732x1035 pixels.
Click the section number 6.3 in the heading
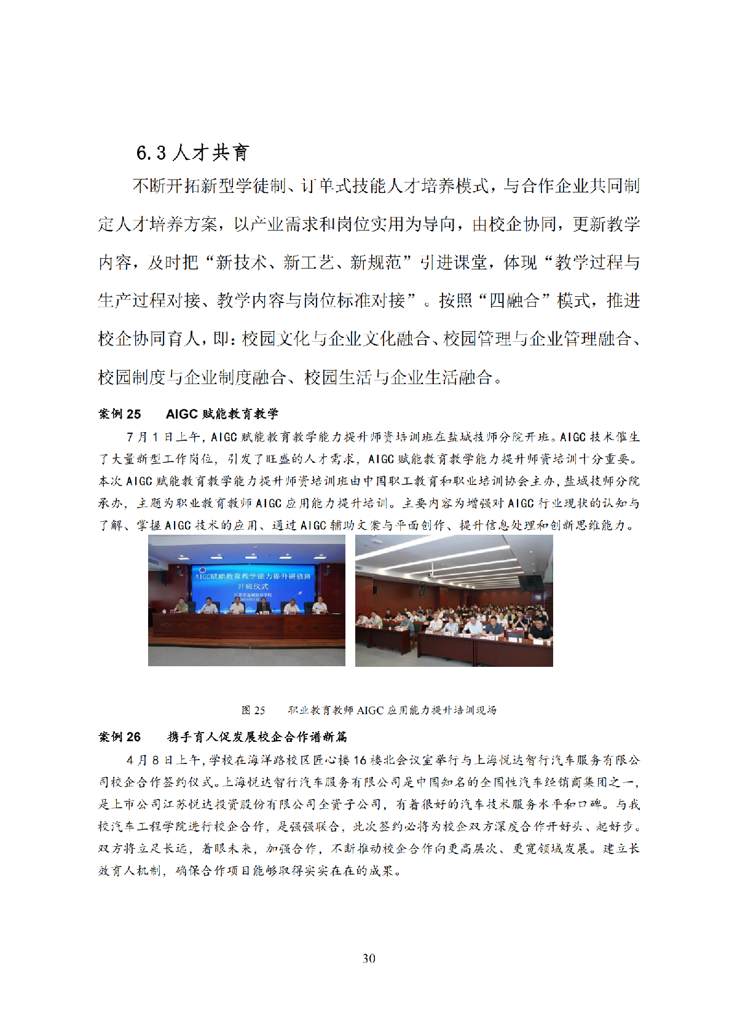(x=151, y=152)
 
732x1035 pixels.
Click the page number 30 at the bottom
(x=369, y=958)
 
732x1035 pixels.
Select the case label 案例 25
(x=120, y=414)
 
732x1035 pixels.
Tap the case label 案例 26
(x=120, y=737)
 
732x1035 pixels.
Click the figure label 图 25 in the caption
(x=253, y=710)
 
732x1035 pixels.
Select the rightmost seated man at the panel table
(x=318, y=606)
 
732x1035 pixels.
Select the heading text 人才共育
(x=211, y=152)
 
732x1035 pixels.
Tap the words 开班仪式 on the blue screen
(x=253, y=586)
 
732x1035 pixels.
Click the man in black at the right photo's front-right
(x=539, y=632)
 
